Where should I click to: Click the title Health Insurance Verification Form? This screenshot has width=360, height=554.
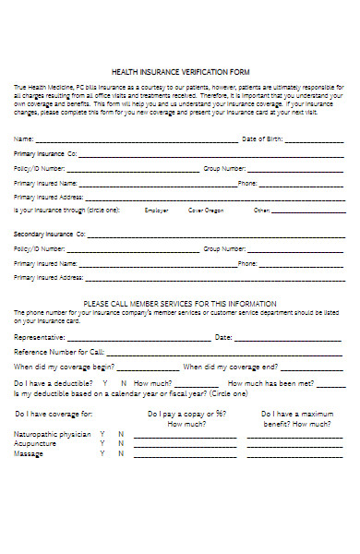click(180, 71)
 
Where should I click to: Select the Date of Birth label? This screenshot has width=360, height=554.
click(262, 138)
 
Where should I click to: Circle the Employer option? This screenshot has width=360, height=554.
click(157, 211)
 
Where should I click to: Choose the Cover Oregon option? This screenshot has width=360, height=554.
click(206, 211)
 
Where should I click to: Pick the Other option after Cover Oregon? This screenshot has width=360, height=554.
click(262, 211)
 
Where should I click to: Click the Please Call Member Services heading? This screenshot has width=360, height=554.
click(180, 303)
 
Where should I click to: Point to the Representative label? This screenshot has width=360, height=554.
click(41, 338)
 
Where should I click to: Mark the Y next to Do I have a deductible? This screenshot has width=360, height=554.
click(104, 382)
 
